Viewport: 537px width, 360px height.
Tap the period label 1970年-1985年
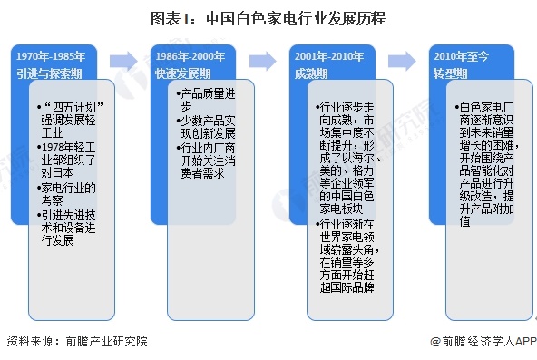(x=52, y=56)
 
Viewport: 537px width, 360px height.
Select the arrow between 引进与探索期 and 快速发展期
(x=122, y=62)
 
